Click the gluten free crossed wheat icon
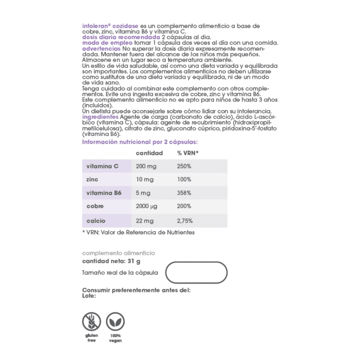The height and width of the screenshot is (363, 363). tap(91, 322)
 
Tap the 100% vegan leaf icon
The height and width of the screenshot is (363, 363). tap(115, 322)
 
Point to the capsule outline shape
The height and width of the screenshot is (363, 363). tap(196, 273)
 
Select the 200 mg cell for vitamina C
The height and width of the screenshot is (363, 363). tap(146, 166)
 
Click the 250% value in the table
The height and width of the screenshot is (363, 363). tap(184, 166)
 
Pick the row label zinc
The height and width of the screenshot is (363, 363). tap(92, 179)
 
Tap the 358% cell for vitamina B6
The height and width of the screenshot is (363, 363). tap(184, 193)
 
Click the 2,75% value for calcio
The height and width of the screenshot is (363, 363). tap(185, 221)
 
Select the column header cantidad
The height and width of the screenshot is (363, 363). tap(149, 153)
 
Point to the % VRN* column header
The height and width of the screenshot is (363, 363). tap(188, 153)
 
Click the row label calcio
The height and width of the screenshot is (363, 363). tap(96, 221)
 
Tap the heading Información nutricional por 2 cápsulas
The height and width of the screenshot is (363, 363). tap(140, 142)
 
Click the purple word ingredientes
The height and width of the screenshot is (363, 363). tap(100, 117)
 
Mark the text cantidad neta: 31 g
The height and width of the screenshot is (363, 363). tap(111, 262)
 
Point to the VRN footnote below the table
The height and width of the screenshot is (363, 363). tap(138, 233)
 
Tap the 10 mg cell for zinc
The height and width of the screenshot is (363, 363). tap(145, 179)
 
